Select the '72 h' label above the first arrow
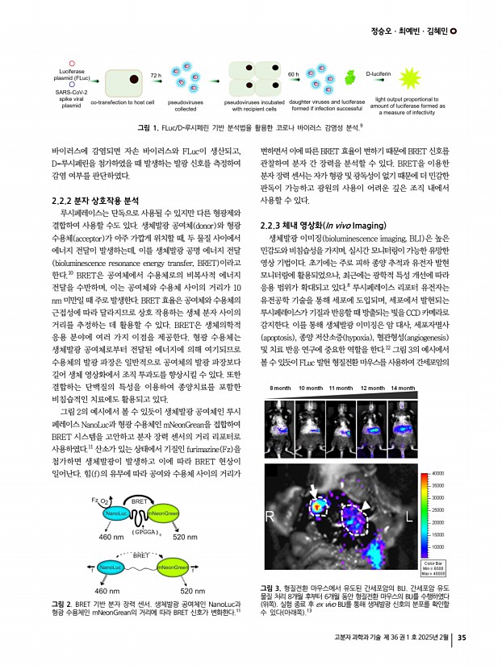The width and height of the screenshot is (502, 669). pos(156,74)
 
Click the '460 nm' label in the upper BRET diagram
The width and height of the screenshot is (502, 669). pos(110,536)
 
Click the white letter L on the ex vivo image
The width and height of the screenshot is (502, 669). pos(410,513)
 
